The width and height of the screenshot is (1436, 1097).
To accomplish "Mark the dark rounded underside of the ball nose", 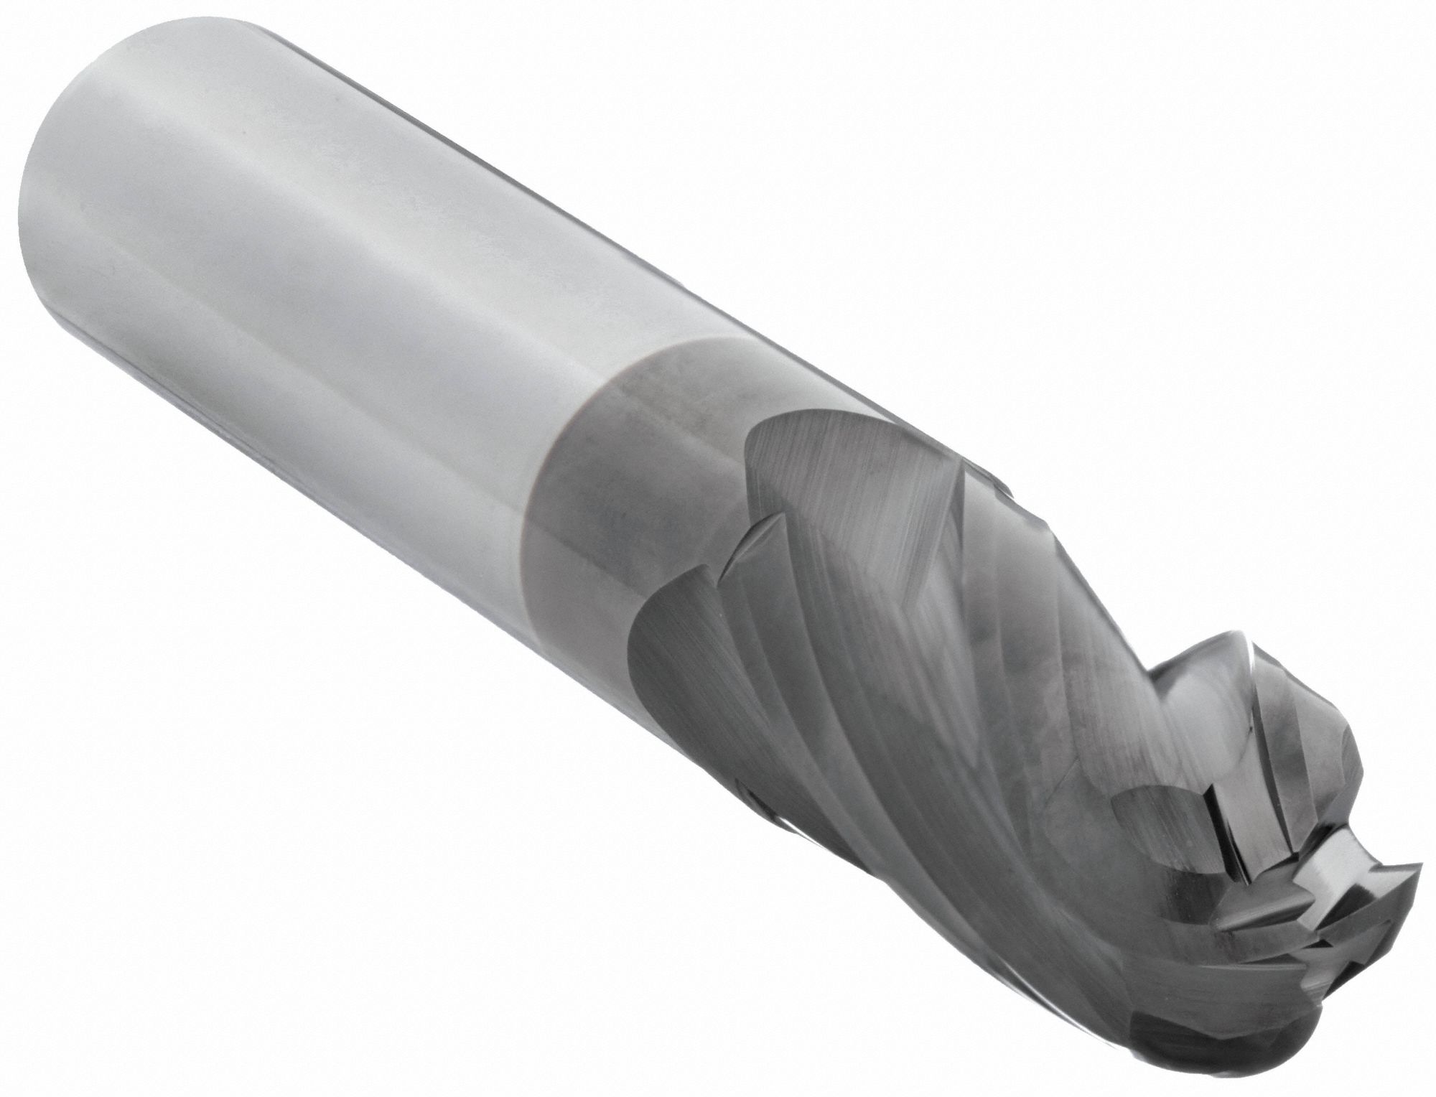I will tap(1249, 1034).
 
